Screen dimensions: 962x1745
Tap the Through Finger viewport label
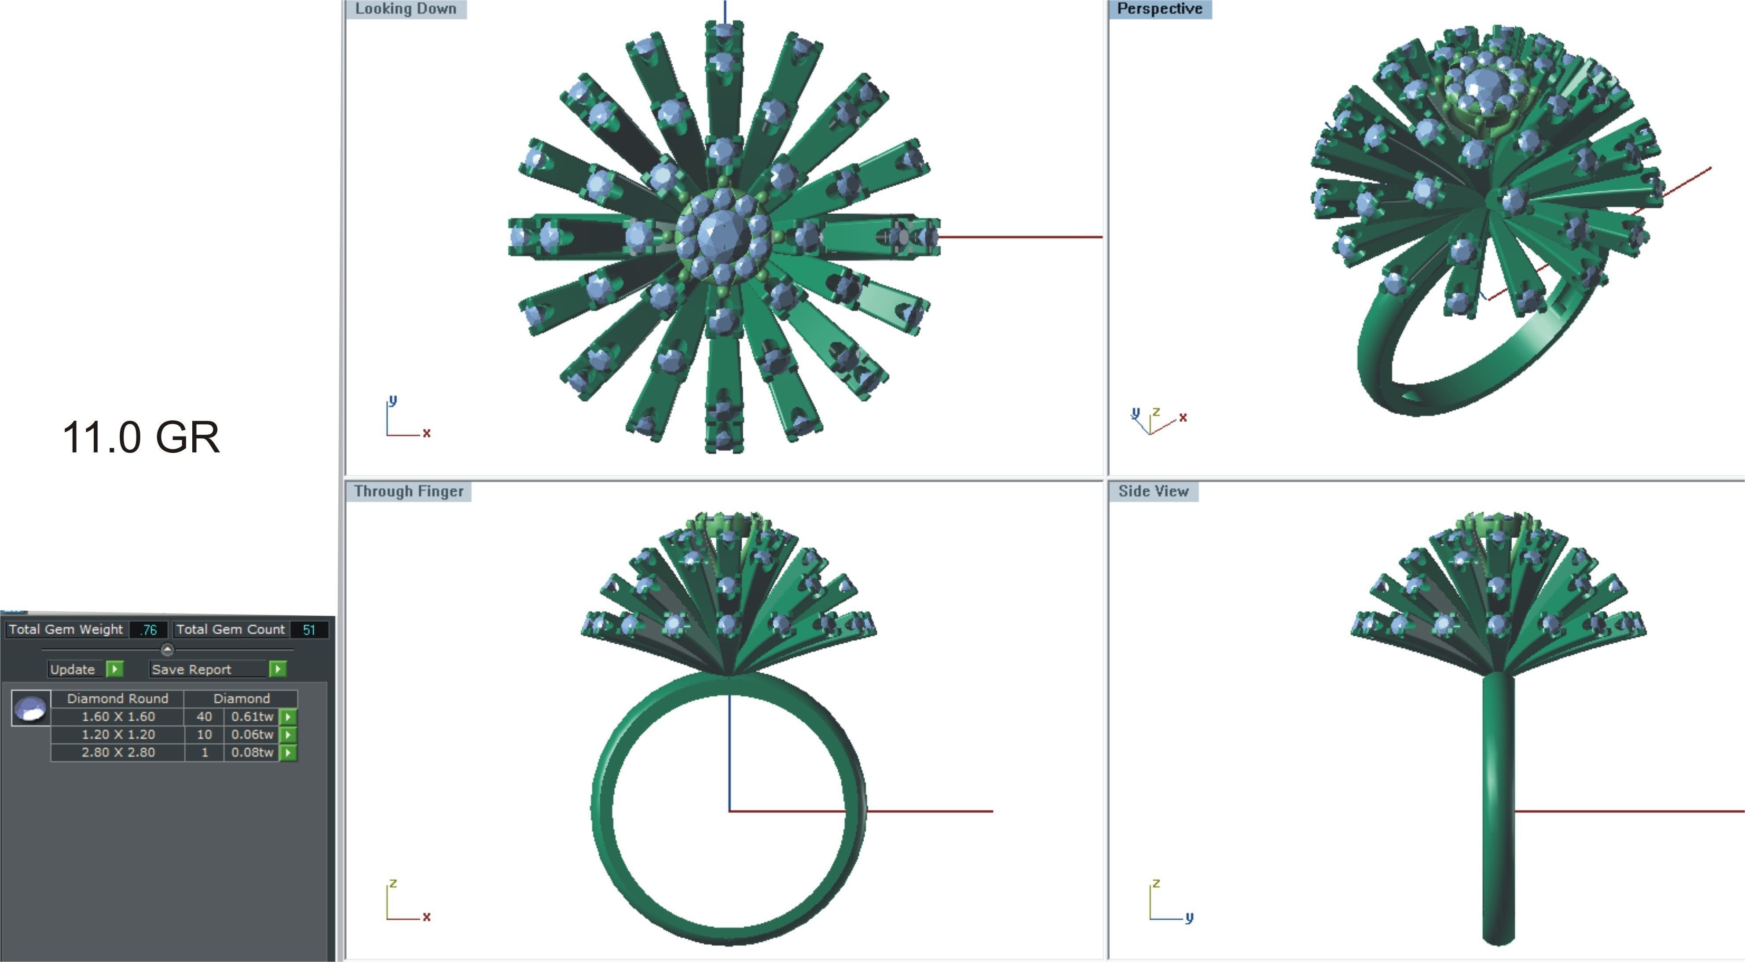408,491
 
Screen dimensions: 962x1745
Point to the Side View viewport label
1153,491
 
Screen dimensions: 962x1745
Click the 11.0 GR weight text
141,437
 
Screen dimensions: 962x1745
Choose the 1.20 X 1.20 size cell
118,734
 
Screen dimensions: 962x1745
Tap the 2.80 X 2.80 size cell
118,752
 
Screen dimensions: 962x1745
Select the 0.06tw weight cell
252,734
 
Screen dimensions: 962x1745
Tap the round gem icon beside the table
30,709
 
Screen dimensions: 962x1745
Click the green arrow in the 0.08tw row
288,753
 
